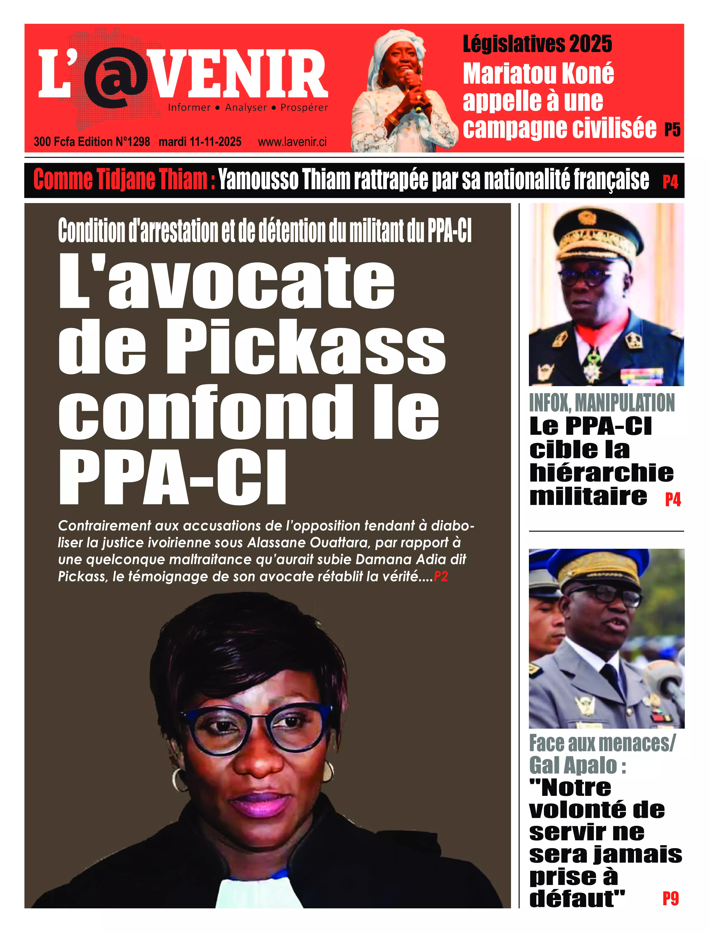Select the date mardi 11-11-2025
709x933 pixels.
coord(200,142)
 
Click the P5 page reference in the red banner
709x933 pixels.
coord(672,130)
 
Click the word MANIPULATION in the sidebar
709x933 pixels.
coord(625,403)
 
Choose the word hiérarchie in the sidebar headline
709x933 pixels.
coord(601,473)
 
